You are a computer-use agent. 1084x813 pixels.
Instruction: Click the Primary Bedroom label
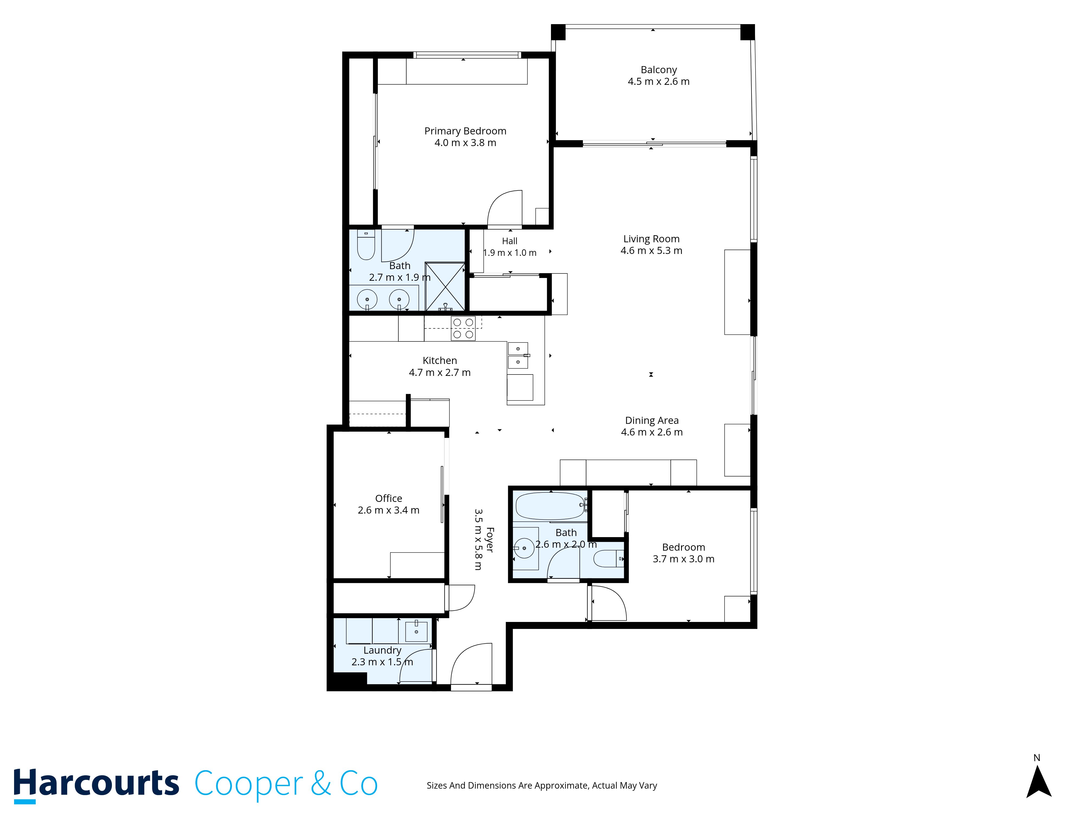coord(465,131)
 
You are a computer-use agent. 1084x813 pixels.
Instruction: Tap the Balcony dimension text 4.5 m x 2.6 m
coord(658,81)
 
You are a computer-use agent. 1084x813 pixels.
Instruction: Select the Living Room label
coord(651,239)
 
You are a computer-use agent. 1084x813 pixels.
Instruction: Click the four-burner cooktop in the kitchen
coord(463,328)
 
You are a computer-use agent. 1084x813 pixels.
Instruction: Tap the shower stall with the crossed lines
coord(445,287)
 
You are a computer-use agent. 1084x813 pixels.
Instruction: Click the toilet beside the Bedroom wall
coord(609,558)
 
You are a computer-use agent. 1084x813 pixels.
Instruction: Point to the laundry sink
coord(416,631)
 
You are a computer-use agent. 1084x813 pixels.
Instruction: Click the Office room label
coord(389,498)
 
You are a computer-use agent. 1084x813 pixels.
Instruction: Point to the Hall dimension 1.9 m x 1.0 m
coord(510,253)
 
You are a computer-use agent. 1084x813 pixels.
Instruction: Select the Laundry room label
coord(382,650)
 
